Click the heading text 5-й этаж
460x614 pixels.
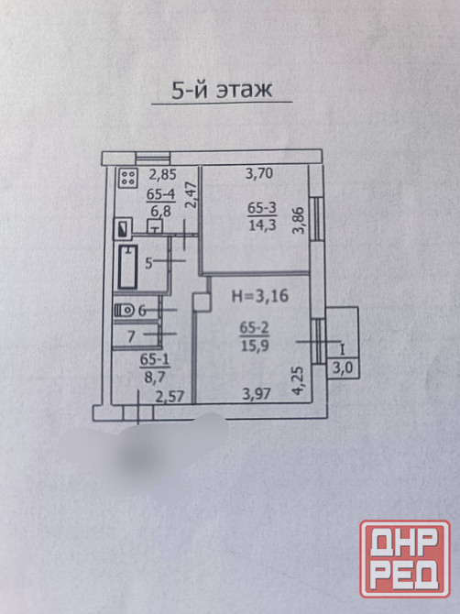pyautogui.click(x=222, y=90)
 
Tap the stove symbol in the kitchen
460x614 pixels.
pyautogui.click(x=128, y=178)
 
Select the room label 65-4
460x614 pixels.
pyautogui.click(x=160, y=194)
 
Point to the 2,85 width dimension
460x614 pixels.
pyautogui.click(x=163, y=174)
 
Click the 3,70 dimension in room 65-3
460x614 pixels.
pyautogui.click(x=258, y=173)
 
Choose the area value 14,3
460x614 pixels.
pyautogui.click(x=262, y=225)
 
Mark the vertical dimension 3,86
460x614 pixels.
pyautogui.click(x=299, y=221)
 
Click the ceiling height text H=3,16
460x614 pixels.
pyautogui.click(x=260, y=296)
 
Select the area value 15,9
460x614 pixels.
pyautogui.click(x=255, y=345)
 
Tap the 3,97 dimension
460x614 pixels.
pyautogui.click(x=257, y=393)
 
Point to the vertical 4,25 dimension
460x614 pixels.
pyautogui.click(x=298, y=380)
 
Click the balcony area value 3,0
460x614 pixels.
pyautogui.click(x=342, y=367)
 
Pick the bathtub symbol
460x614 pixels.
pyautogui.click(x=128, y=267)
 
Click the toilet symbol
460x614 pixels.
pyautogui.click(x=124, y=311)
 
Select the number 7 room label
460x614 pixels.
pyautogui.click(x=132, y=336)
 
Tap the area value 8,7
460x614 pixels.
pyautogui.click(x=155, y=377)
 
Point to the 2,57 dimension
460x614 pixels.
pyautogui.click(x=170, y=397)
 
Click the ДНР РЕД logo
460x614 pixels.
pyautogui.click(x=405, y=559)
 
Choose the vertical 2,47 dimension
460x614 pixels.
pyautogui.click(x=192, y=194)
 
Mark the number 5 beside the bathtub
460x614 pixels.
pyautogui.click(x=148, y=264)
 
